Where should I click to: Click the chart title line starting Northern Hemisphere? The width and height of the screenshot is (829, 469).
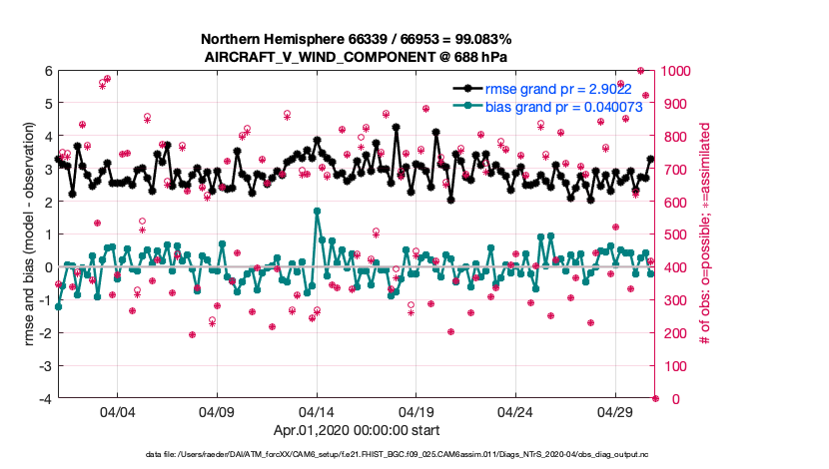pyautogui.click(x=357, y=39)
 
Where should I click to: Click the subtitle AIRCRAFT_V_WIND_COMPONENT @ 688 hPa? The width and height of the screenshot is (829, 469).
pyautogui.click(x=357, y=56)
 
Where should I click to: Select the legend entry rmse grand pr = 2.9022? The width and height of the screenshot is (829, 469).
pyautogui.click(x=550, y=88)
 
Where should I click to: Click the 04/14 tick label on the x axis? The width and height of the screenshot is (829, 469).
pyautogui.click(x=317, y=411)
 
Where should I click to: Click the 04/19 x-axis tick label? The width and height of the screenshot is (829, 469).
pyautogui.click(x=415, y=411)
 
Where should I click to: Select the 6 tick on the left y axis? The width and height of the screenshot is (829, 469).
pyautogui.click(x=47, y=71)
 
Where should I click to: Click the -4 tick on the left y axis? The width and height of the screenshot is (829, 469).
pyautogui.click(x=45, y=399)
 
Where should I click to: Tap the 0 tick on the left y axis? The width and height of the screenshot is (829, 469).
pyautogui.click(x=47, y=267)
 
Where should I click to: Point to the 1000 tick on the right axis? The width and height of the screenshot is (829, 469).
pyautogui.click(x=678, y=71)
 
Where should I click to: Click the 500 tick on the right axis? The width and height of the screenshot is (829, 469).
pyautogui.click(x=675, y=234)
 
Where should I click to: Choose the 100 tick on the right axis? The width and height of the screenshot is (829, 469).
pyautogui.click(x=675, y=366)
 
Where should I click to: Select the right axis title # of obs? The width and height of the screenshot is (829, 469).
pyautogui.click(x=705, y=234)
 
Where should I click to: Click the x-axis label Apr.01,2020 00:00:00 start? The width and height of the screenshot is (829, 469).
pyautogui.click(x=357, y=432)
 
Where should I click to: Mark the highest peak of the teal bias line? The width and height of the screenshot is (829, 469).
pyautogui.click(x=317, y=211)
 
